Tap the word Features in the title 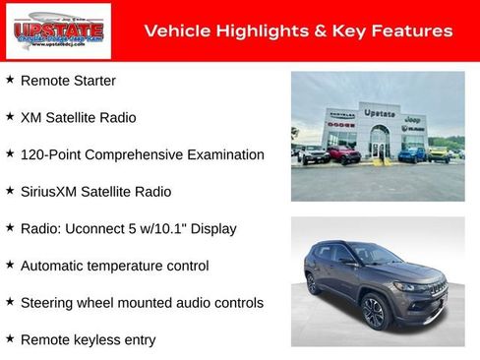pyautogui.click(x=414, y=31)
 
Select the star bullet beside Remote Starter pyautogui.click(x=10, y=80)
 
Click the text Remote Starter pyautogui.click(x=68, y=81)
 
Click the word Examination pyautogui.click(x=226, y=154)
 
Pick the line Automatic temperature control pyautogui.click(x=114, y=266)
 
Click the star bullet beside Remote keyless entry pyautogui.click(x=10, y=339)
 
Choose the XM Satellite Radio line pyautogui.click(x=79, y=117)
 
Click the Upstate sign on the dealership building pyautogui.click(x=380, y=113)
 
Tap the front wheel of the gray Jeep pyautogui.click(x=374, y=314)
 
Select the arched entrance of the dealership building pyautogui.click(x=379, y=142)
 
